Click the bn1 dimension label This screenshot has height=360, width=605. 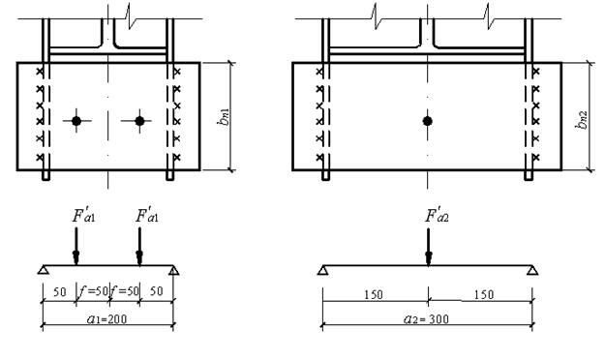(224, 116)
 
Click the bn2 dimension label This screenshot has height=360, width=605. (582, 120)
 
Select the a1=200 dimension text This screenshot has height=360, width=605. (106, 318)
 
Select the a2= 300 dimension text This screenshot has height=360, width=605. (426, 318)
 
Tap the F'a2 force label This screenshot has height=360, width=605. (437, 215)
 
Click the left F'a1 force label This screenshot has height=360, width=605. (83, 215)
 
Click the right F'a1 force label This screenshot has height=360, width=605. (146, 215)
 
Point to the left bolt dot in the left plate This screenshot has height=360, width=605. (76, 121)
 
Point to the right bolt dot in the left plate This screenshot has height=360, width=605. (139, 121)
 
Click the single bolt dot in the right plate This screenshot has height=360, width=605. (427, 121)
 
